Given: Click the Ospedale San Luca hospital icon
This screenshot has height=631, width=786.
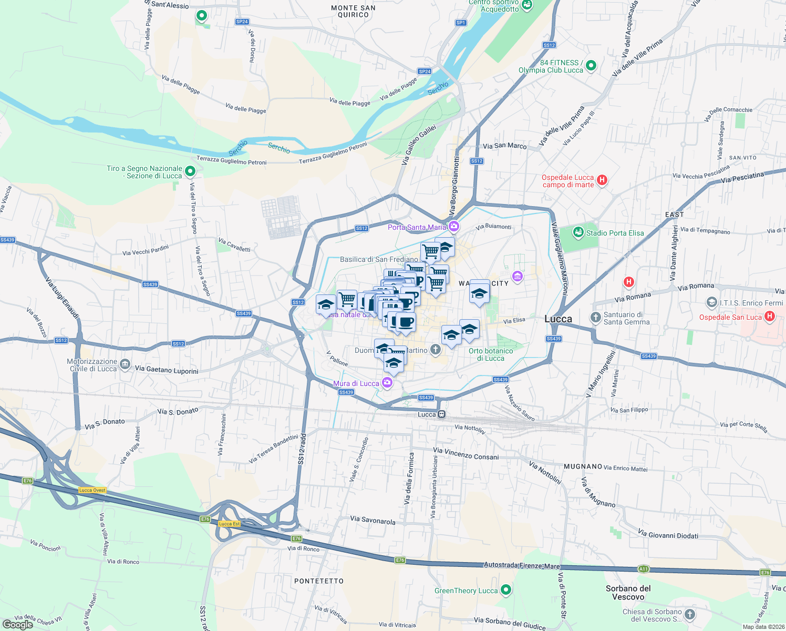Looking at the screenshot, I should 770,317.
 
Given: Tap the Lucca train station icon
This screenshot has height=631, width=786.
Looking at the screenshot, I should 442,414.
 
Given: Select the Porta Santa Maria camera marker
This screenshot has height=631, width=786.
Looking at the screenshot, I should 454,227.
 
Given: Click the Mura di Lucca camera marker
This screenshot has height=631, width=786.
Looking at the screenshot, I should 387,383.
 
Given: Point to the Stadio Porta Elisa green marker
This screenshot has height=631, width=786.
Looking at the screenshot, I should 578,232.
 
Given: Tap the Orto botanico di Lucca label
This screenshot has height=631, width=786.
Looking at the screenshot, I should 491,354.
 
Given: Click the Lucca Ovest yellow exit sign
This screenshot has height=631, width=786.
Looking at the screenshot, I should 92,490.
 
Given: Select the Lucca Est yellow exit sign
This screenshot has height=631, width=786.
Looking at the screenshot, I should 229,524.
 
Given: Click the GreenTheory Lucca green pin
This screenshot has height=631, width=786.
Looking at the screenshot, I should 506,590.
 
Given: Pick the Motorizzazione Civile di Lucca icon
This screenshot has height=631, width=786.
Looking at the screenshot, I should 125,364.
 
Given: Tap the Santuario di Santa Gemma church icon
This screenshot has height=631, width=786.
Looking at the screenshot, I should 595,317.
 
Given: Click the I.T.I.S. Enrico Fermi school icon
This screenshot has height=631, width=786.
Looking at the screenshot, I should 711,302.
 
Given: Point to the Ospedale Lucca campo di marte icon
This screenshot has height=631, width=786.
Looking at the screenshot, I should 602,180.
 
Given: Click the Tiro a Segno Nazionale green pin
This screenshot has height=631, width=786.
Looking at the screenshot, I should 191,171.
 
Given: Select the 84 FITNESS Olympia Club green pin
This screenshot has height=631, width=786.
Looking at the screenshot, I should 591,65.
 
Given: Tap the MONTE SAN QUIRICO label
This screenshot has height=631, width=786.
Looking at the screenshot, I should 353,11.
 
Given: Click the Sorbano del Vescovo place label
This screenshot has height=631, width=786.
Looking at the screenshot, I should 628,593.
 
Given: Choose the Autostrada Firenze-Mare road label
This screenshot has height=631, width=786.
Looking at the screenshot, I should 521,566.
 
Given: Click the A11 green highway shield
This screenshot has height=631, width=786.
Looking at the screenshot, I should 644,569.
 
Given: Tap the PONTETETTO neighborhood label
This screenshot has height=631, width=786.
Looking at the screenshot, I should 319,581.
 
